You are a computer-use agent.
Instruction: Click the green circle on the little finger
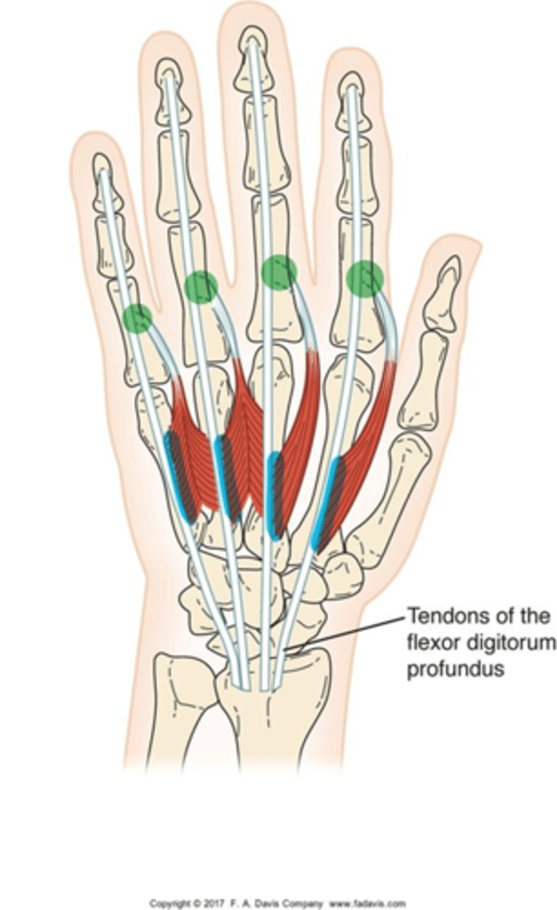click(x=137, y=318)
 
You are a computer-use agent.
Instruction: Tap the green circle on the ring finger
click(x=201, y=287)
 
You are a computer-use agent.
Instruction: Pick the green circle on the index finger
click(x=364, y=278)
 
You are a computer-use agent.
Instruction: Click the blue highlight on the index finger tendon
click(x=324, y=500)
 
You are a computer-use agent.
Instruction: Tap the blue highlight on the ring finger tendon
click(x=224, y=474)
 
